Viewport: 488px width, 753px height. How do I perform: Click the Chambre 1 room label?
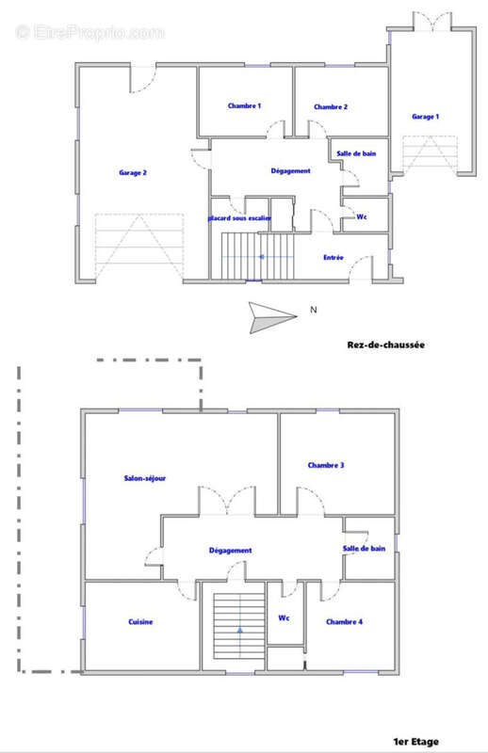[x=244, y=106]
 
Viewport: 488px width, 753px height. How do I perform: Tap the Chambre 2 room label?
[x=331, y=107]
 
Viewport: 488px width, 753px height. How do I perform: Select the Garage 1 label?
[x=425, y=117]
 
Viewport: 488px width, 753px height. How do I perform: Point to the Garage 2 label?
[x=132, y=172]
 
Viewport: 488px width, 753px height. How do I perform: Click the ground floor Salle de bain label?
[x=357, y=152]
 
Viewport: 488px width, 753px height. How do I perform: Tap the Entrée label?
[x=333, y=257]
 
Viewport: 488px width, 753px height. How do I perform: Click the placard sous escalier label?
[x=240, y=218]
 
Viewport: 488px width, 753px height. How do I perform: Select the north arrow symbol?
[x=271, y=316]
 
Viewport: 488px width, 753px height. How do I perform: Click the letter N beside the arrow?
[x=314, y=310]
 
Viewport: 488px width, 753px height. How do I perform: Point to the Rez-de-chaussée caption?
[x=386, y=345]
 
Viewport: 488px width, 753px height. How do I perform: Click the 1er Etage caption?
[x=415, y=742]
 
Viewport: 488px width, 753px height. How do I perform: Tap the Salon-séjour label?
[x=144, y=478]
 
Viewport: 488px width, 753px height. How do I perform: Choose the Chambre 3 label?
[x=326, y=465]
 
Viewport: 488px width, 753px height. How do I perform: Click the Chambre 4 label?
[x=344, y=621]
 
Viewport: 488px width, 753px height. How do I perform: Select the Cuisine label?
[x=140, y=621]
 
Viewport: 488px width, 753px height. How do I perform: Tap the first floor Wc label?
[x=283, y=618]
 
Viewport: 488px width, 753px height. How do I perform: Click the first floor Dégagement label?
[x=230, y=551]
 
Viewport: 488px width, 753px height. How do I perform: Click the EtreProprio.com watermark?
[x=89, y=32]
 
